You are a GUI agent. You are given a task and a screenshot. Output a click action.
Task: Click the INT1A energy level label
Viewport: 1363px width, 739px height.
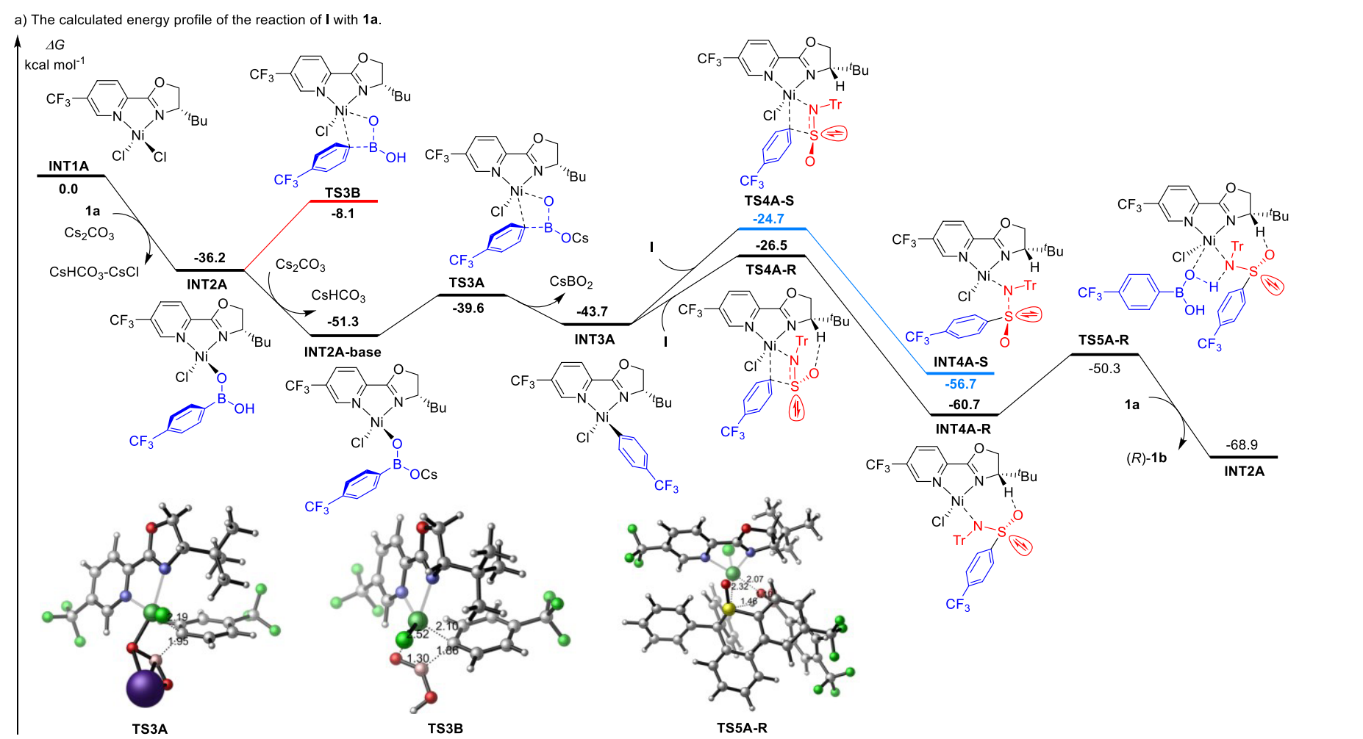point(68,166)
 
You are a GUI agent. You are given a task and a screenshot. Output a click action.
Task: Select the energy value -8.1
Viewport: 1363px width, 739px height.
point(343,214)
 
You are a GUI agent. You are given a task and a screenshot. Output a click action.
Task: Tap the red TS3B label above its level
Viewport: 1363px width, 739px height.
point(343,193)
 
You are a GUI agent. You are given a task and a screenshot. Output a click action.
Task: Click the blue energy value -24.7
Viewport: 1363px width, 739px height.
point(768,219)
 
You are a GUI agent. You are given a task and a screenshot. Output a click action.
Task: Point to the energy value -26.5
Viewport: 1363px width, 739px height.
point(771,245)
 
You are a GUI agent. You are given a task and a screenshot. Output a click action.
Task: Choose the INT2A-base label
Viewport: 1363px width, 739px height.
point(343,353)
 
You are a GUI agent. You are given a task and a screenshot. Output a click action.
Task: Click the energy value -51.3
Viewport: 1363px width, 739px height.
point(343,322)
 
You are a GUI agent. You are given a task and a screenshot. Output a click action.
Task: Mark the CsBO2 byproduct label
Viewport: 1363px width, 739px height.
point(571,282)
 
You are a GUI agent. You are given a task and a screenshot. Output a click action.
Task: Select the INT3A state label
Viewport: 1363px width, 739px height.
point(594,339)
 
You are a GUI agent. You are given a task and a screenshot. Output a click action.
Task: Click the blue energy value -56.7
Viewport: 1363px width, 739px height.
point(960,384)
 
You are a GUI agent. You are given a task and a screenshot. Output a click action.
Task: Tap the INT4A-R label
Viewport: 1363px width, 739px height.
point(963,429)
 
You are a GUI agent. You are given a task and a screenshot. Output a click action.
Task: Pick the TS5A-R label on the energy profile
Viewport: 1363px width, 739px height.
point(1103,340)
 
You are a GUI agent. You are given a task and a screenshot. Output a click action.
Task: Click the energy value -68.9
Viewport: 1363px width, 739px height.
point(1242,445)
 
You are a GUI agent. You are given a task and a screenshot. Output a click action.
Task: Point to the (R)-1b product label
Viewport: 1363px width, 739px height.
point(1146,458)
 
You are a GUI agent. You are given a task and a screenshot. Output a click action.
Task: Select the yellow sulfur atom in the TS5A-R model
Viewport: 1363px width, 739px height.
point(728,608)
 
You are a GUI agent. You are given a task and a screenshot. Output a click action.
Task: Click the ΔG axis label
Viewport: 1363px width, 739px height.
point(54,46)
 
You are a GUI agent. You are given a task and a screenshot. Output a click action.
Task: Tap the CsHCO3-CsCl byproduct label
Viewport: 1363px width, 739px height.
point(94,273)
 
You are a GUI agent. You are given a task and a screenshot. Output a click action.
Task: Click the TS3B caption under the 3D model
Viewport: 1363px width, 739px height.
point(446,729)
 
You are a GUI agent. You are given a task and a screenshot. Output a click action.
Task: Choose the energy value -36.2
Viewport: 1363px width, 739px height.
point(210,258)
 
